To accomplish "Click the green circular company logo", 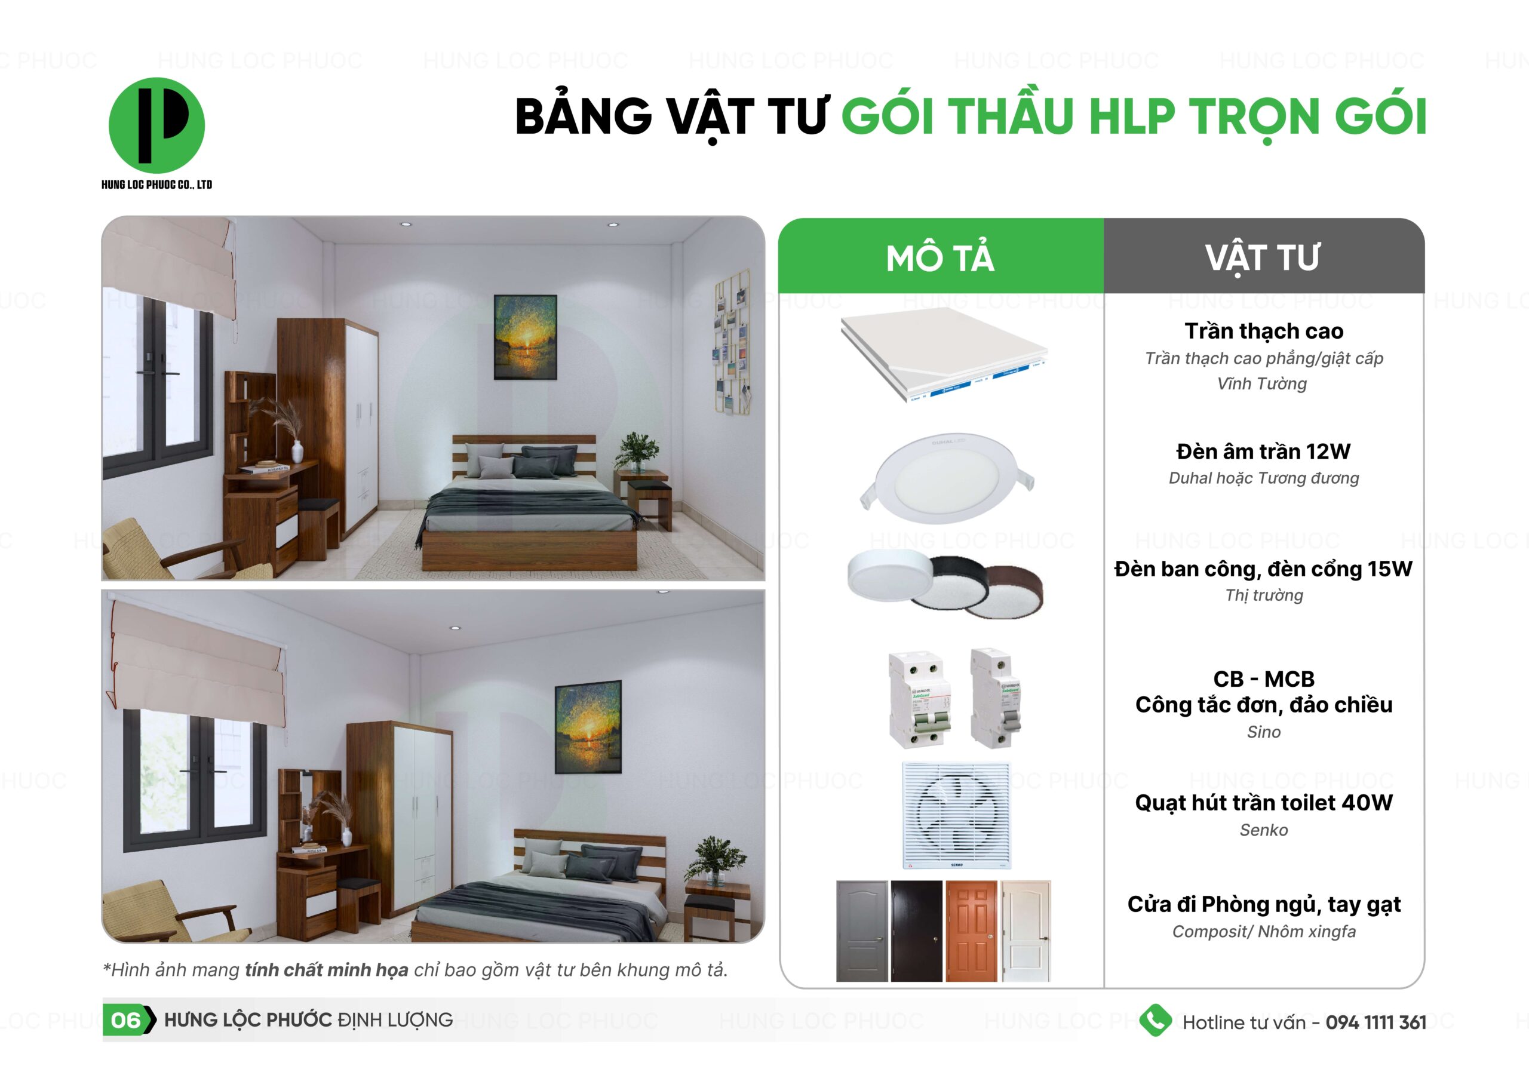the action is (156, 125).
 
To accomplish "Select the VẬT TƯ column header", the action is (1262, 259).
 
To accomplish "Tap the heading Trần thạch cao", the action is (1263, 331).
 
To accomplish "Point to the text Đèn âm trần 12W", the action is (1263, 452).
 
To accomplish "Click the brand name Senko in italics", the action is (1263, 830).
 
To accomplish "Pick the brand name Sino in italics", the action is (1263, 732).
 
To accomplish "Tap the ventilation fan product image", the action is (956, 815).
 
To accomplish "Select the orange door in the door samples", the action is (972, 930).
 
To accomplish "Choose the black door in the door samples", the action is (916, 930).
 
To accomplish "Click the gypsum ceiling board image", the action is (944, 355).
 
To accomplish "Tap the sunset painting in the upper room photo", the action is (526, 337).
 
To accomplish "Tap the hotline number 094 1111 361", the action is (1376, 1022).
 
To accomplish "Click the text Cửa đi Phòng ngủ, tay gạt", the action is (1263, 904).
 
